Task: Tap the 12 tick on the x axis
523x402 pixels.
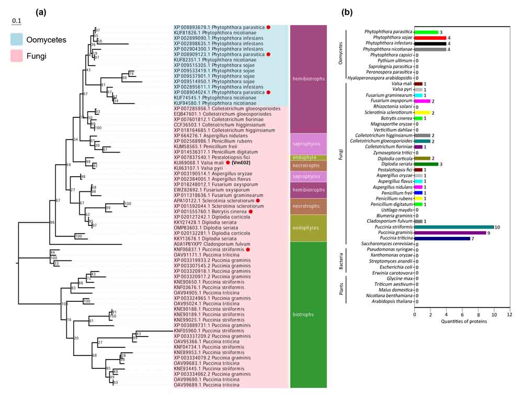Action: (509, 315)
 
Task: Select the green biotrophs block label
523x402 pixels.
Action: (304, 314)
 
